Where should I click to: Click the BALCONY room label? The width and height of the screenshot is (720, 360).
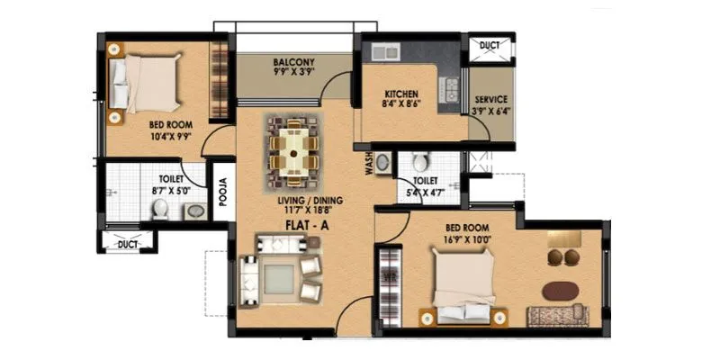click(292, 63)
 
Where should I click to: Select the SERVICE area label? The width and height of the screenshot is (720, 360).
click(490, 100)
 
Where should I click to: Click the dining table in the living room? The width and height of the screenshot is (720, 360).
click(292, 147)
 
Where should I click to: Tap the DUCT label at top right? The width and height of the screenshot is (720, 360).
click(490, 44)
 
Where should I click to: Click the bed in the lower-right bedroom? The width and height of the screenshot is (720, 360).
click(464, 283)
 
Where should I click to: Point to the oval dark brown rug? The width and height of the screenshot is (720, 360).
click(562, 292)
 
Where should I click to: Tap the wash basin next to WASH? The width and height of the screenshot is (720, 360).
click(382, 163)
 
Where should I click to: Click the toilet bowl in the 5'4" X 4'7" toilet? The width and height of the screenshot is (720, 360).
click(420, 164)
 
